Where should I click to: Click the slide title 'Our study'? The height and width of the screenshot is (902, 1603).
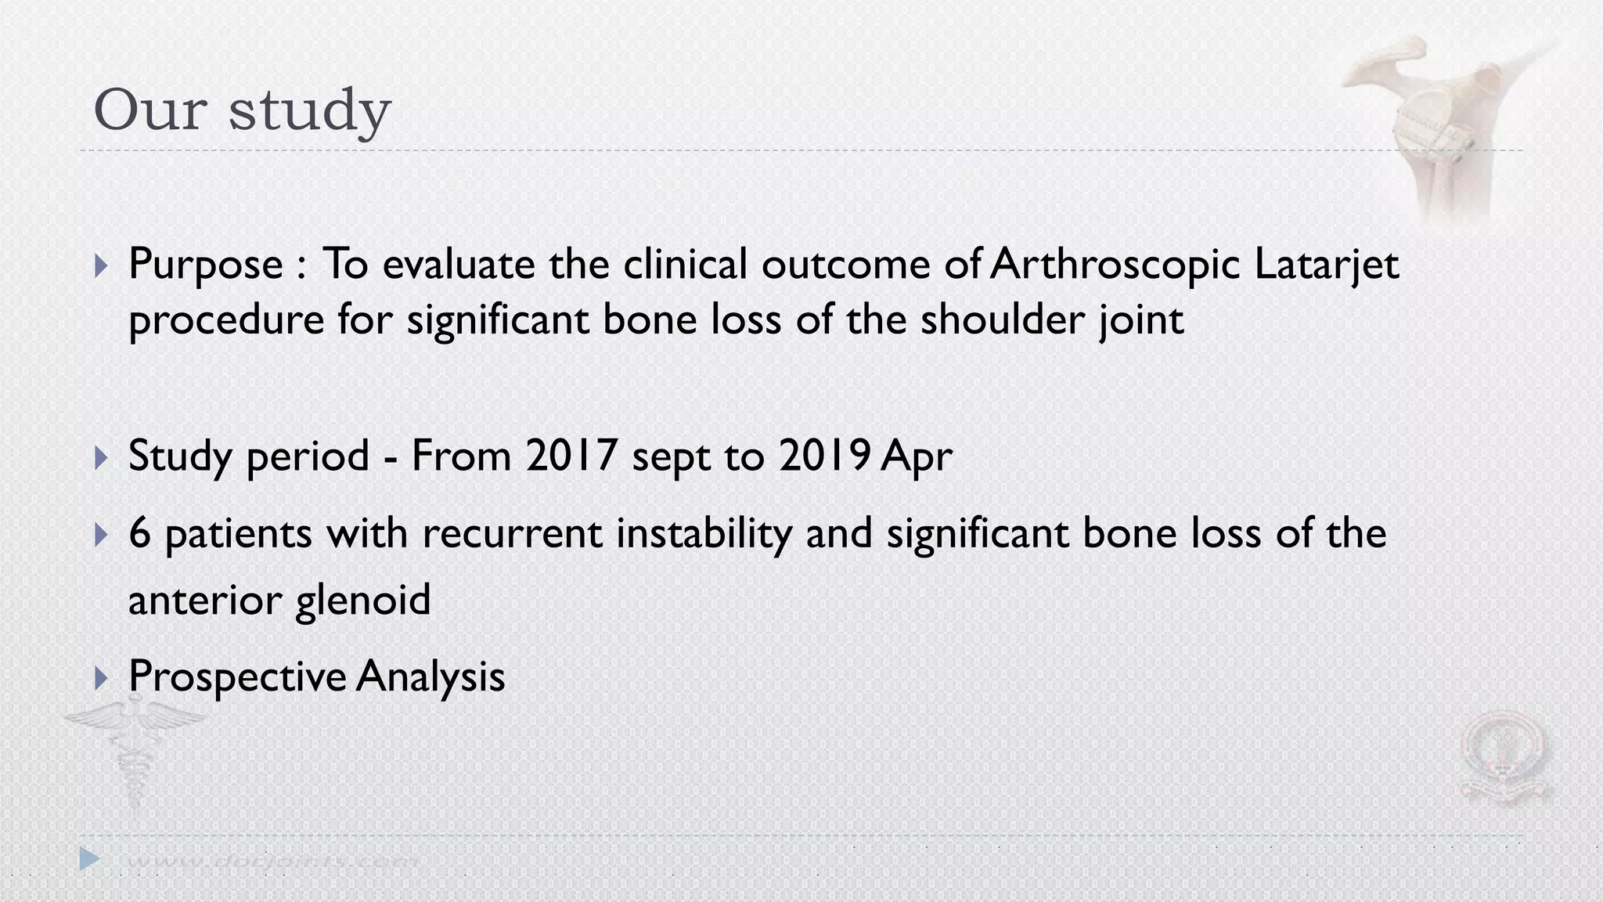242,110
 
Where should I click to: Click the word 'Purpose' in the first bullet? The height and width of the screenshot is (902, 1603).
205,264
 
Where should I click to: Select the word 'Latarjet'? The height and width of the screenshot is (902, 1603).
1326,264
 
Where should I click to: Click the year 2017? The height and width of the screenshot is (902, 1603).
571,456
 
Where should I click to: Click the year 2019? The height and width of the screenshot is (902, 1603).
824,456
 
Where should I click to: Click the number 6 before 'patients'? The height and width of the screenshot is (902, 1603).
139,534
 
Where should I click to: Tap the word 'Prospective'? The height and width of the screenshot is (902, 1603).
237,676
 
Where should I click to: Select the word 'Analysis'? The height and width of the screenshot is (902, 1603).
430,676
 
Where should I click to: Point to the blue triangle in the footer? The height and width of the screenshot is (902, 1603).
90,859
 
